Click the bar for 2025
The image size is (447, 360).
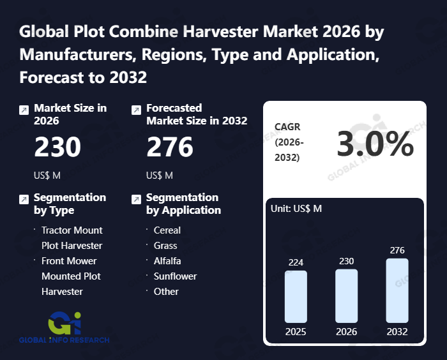296,296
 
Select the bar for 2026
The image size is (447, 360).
347,296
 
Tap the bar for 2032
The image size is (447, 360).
397,290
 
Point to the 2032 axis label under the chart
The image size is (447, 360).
397,333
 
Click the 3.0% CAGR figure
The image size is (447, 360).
375,145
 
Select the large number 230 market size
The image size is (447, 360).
57,148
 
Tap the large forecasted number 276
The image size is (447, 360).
170,148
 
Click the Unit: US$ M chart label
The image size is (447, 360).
296,209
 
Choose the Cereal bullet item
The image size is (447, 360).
167,230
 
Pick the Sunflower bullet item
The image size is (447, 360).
175,276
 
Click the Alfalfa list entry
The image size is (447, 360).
167,261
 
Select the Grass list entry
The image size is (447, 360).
165,246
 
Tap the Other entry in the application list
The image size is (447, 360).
166,292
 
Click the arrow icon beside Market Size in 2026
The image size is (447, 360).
24,110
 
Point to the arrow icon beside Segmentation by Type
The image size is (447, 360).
24,200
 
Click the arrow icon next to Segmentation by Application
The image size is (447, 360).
136,200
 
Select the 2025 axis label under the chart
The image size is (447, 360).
296,333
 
